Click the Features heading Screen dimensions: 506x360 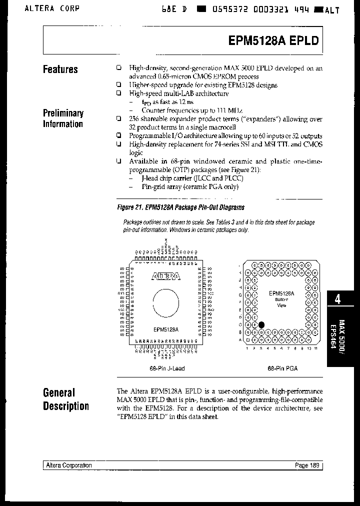60,69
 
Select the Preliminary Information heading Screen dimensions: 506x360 63,118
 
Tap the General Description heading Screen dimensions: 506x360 65,399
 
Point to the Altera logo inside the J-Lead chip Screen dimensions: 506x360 165,276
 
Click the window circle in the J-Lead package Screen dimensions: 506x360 165,303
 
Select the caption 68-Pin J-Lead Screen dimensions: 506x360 167,368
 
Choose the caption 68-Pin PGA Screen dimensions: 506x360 282,368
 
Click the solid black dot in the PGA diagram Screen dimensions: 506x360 261,324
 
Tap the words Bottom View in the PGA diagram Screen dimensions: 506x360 281,302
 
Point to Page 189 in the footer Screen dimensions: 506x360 307,465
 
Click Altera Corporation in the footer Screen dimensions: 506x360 68,465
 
